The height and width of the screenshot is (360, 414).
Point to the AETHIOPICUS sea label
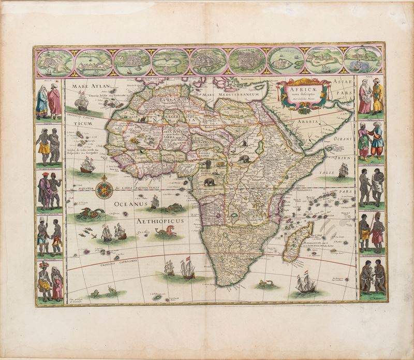click(160, 221)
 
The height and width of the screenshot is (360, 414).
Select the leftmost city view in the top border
click(54, 61)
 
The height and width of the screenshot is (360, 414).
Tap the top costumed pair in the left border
click(49, 99)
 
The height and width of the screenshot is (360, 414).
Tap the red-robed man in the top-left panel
click(54, 100)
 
